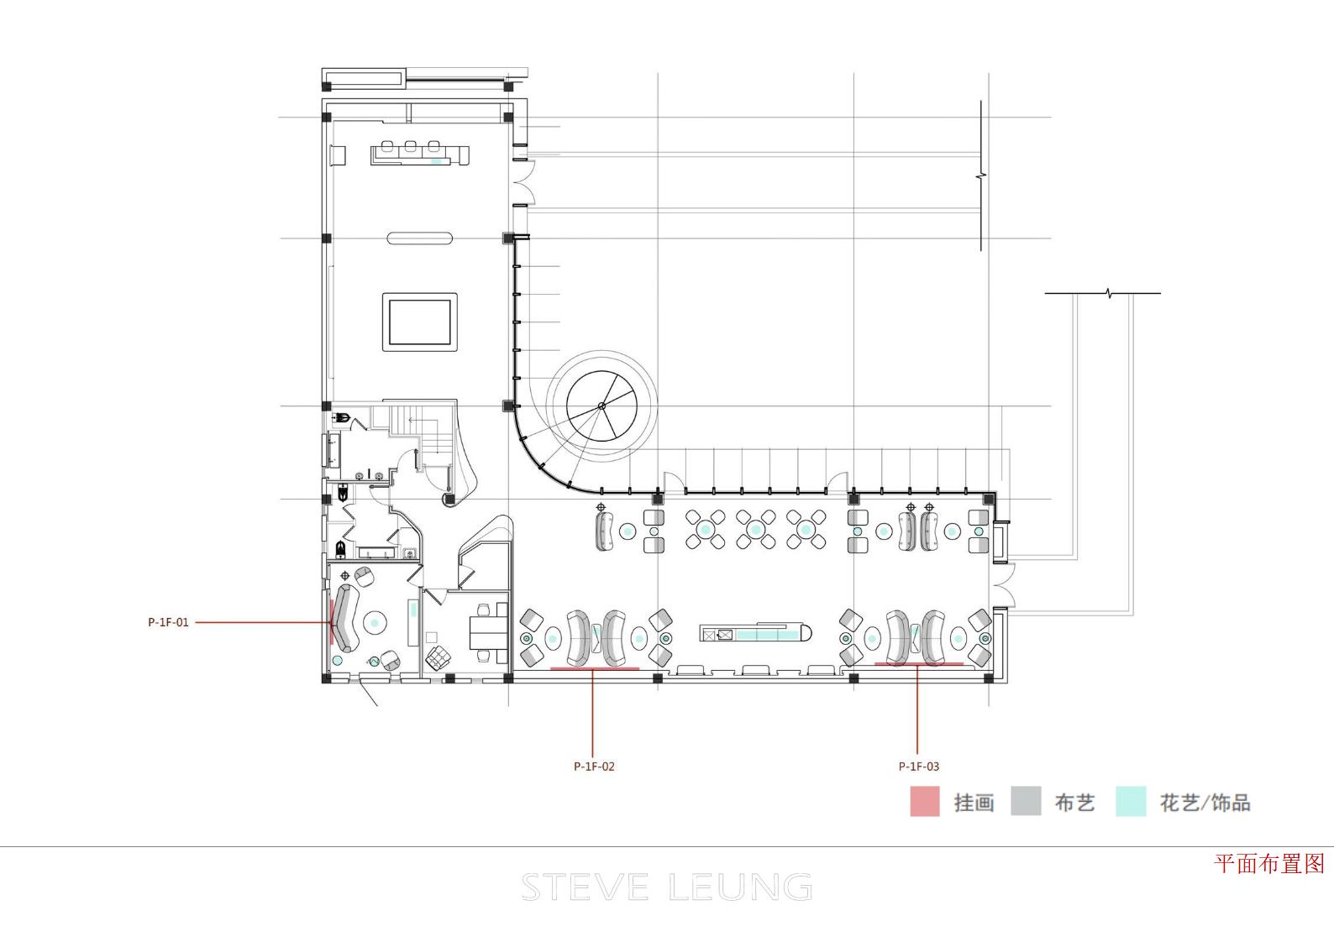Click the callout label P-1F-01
(x=168, y=622)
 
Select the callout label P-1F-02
(x=594, y=767)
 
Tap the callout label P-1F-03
(x=918, y=767)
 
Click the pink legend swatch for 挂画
(x=925, y=801)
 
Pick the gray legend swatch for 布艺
(x=1026, y=801)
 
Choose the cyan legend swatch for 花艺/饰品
(x=1131, y=801)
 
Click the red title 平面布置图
(x=1269, y=863)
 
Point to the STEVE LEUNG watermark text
(x=667, y=887)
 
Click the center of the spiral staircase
(x=601, y=406)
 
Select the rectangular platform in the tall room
(x=420, y=322)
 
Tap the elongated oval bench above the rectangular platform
(x=420, y=238)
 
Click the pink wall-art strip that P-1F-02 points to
(x=595, y=668)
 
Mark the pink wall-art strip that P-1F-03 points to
(x=918, y=663)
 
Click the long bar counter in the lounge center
(x=756, y=632)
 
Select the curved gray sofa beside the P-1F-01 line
(x=345, y=618)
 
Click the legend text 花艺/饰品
(x=1205, y=802)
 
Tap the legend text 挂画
(x=974, y=802)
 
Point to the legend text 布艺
(x=1075, y=802)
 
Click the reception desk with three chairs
(x=420, y=154)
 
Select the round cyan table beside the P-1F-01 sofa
(x=375, y=623)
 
